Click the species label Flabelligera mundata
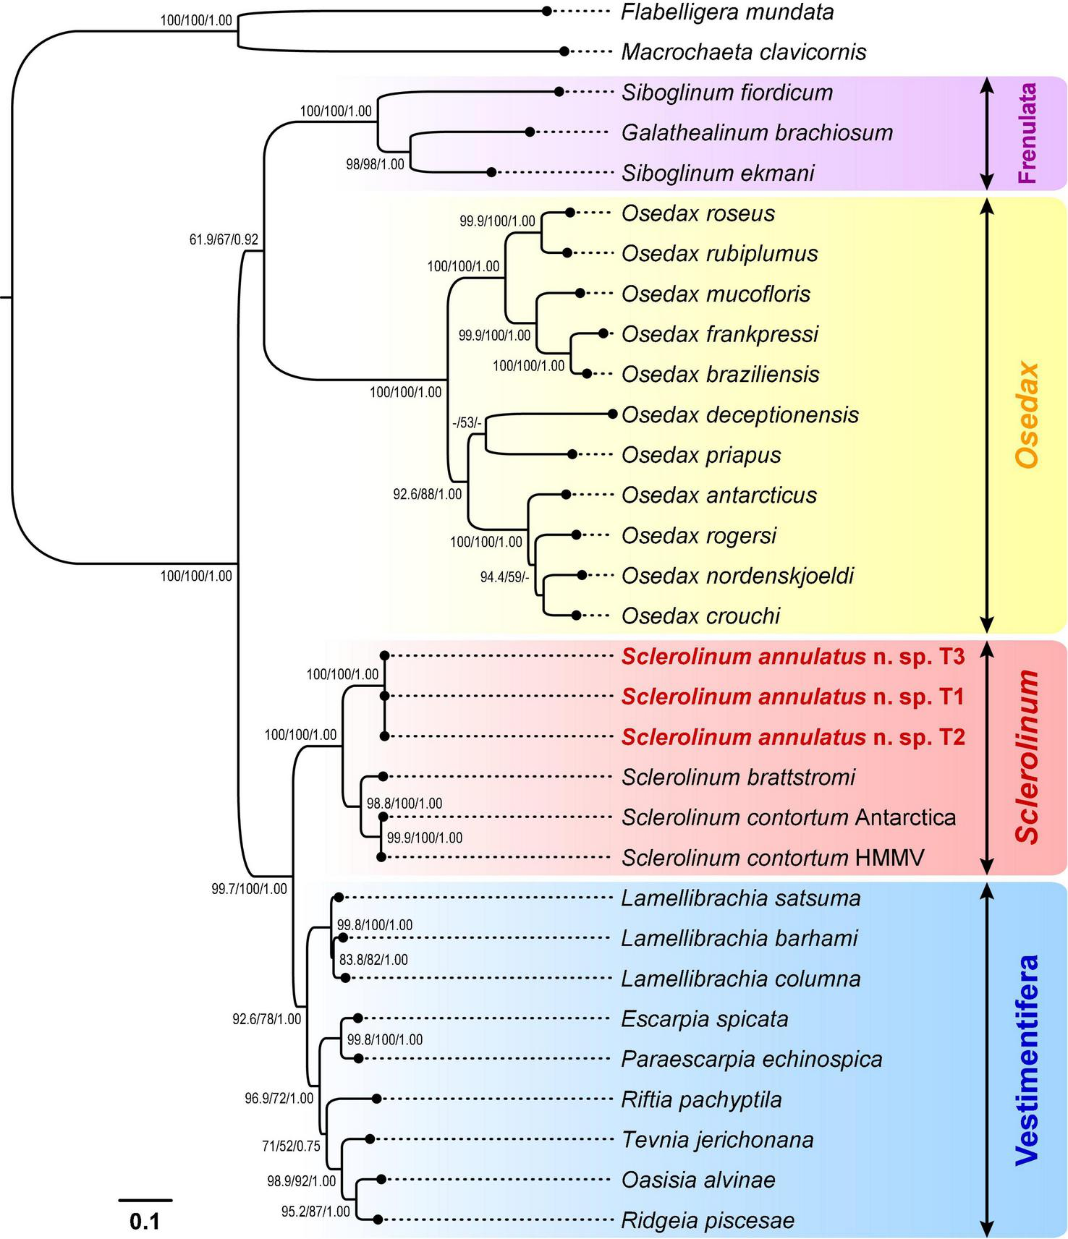[x=727, y=12]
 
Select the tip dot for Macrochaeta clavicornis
[x=564, y=51]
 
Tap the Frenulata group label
[x=1027, y=132]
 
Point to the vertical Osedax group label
[x=1027, y=414]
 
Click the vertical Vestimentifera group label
[x=1027, y=1060]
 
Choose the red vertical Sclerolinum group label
[x=1027, y=757]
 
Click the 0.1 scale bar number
[x=145, y=1222]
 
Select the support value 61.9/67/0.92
[x=224, y=239]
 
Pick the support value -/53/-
[x=466, y=422]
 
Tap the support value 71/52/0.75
[x=291, y=1146]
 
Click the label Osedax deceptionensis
[x=740, y=415]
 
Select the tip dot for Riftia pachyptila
[x=376, y=1099]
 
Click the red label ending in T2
[x=793, y=737]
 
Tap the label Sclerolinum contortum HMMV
[x=773, y=858]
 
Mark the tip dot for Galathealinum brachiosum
[x=530, y=132]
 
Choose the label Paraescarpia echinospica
[x=752, y=1059]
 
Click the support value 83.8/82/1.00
[x=373, y=960]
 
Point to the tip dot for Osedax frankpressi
[x=603, y=333]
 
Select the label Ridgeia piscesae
[x=708, y=1220]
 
